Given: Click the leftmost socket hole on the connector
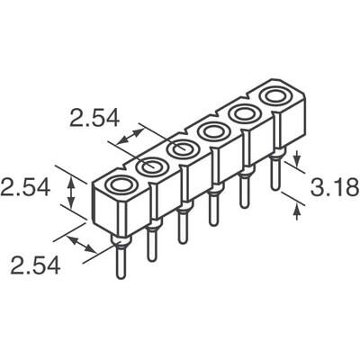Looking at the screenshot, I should click(119, 185).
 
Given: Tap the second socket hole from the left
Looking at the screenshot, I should click(151, 166).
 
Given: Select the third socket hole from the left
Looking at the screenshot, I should click(182, 148).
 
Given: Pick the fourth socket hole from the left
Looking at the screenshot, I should click(213, 131).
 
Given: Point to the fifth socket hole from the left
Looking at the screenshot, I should click(243, 113).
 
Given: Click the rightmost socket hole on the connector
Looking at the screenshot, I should click(274, 95).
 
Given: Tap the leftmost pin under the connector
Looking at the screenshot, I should click(119, 261).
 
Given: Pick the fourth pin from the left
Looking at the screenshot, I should click(213, 209).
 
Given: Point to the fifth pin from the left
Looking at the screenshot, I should click(244, 193).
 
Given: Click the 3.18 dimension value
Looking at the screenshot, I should click(334, 188).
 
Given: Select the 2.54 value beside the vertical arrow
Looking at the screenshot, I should click(24, 189).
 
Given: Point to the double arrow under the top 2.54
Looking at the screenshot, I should click(127, 139).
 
